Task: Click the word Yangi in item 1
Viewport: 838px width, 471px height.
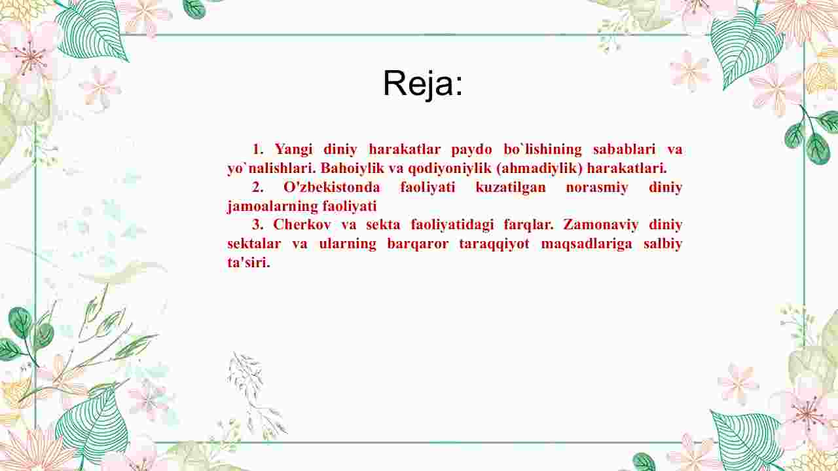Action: (294, 149)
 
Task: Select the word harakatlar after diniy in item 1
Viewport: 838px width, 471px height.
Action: (405, 149)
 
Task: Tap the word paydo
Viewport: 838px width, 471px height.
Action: (471, 150)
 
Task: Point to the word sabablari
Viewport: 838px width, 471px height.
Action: (624, 149)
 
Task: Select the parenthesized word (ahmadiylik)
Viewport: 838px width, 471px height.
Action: (539, 168)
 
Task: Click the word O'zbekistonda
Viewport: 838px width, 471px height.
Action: (331, 187)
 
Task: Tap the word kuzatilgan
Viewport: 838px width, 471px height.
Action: (511, 187)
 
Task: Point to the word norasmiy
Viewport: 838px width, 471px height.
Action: (596, 187)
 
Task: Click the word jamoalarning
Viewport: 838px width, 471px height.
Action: (273, 206)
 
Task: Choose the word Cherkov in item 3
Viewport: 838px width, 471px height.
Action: (302, 225)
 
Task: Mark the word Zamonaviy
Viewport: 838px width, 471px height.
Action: (601, 225)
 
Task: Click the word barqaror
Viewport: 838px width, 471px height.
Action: (418, 244)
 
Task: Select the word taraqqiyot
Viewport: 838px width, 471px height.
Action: (494, 244)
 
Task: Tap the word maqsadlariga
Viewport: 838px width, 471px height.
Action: (587, 244)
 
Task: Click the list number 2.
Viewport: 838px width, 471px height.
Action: (257, 187)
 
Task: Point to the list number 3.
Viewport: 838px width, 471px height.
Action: (257, 225)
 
